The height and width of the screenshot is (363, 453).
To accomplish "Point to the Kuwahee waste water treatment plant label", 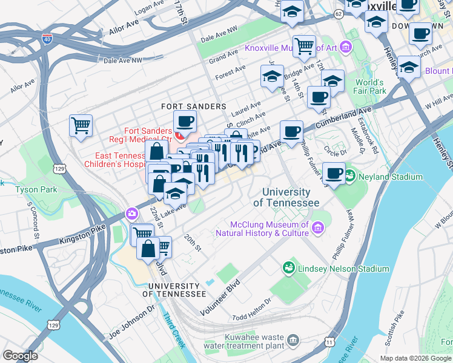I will click(254, 341).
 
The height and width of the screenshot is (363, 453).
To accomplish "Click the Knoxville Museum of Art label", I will click(291, 47).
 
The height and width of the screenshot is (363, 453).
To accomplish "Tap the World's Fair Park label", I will click(370, 87).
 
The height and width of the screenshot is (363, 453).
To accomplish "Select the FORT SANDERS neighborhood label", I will click(193, 106).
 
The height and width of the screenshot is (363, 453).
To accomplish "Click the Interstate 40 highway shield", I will click(47, 39).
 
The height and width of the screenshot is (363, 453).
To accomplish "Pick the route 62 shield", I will click(338, 12).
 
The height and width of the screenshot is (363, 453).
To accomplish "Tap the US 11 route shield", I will click(329, 342).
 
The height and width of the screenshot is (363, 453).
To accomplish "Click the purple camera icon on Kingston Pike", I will click(131, 214).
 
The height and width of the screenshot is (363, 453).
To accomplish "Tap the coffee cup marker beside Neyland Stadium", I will click(333, 173).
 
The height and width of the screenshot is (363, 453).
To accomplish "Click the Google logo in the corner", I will click(21, 356).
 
